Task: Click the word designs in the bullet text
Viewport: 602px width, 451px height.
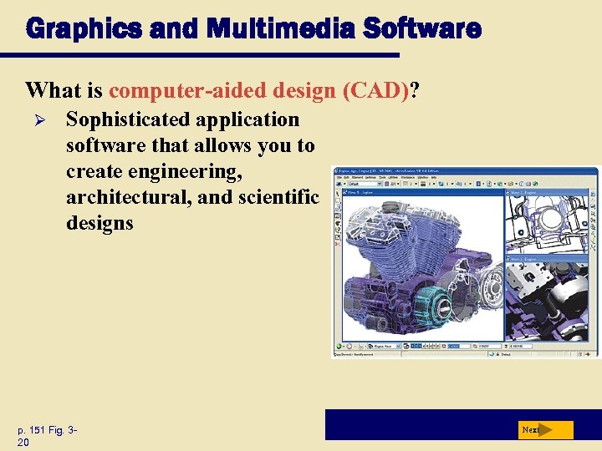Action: point(99,223)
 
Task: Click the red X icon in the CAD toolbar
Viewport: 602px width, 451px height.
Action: point(338,244)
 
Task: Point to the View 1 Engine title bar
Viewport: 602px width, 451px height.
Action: point(418,192)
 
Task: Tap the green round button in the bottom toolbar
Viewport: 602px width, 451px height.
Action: point(339,346)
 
